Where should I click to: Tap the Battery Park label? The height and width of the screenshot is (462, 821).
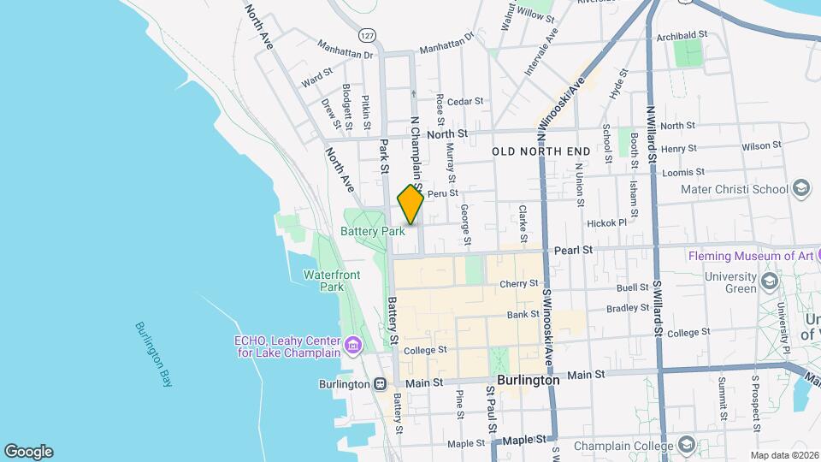pyautogui.click(x=373, y=231)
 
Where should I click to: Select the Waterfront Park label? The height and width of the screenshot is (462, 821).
pyautogui.click(x=331, y=281)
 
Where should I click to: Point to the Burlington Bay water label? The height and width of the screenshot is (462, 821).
pyautogui.click(x=154, y=355)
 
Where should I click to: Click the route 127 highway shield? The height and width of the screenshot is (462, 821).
pyautogui.click(x=367, y=35)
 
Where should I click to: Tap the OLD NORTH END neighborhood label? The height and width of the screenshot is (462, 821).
pyautogui.click(x=541, y=151)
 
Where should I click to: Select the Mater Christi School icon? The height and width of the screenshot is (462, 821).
pyautogui.click(x=801, y=188)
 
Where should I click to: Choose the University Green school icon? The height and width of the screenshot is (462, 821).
pyautogui.click(x=769, y=281)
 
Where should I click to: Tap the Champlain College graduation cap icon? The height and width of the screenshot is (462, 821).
pyautogui.click(x=686, y=445)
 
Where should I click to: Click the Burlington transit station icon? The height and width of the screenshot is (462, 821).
pyautogui.click(x=379, y=383)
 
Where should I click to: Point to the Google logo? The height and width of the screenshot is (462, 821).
pyautogui.click(x=28, y=452)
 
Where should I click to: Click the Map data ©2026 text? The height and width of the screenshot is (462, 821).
pyautogui.click(x=783, y=454)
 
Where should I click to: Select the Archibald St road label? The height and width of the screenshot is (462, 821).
pyautogui.click(x=682, y=36)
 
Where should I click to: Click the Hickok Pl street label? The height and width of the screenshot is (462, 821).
pyautogui.click(x=607, y=223)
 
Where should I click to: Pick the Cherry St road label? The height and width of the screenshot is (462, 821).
pyautogui.click(x=519, y=283)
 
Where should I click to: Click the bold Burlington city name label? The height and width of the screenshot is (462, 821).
pyautogui.click(x=528, y=379)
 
